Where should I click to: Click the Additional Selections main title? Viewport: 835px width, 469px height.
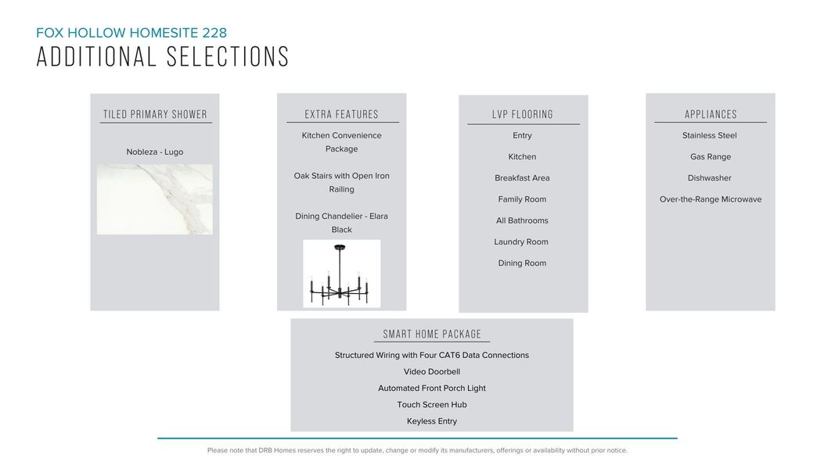point(163,57)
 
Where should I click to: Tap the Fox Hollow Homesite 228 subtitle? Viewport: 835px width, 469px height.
point(131,33)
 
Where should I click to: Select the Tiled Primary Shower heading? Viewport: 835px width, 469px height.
point(155,114)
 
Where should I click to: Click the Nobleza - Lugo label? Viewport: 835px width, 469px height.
point(155,152)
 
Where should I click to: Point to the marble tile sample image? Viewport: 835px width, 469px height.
point(155,199)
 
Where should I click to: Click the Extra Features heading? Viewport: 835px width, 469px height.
point(342,114)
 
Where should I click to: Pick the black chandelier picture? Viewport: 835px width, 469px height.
point(342,274)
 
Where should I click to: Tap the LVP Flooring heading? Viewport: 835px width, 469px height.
point(523,114)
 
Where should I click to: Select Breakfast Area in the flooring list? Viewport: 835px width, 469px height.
point(522,178)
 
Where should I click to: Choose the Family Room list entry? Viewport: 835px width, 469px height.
point(522,199)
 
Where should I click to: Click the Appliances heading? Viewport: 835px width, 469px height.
point(711,114)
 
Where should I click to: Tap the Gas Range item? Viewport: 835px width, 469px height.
point(711,157)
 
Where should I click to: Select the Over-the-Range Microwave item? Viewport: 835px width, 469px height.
point(711,199)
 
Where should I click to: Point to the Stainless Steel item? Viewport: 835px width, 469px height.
point(710,136)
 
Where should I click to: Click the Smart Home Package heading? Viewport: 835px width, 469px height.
point(432,335)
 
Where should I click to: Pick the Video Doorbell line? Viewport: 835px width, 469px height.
point(432,372)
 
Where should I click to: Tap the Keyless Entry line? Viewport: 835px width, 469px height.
point(432,421)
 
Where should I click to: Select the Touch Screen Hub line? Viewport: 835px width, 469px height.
point(432,405)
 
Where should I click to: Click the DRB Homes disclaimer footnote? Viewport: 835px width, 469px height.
point(417,450)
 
